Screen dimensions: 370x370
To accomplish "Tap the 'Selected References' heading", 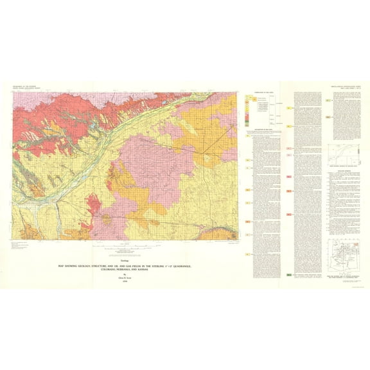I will coord(340,171).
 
